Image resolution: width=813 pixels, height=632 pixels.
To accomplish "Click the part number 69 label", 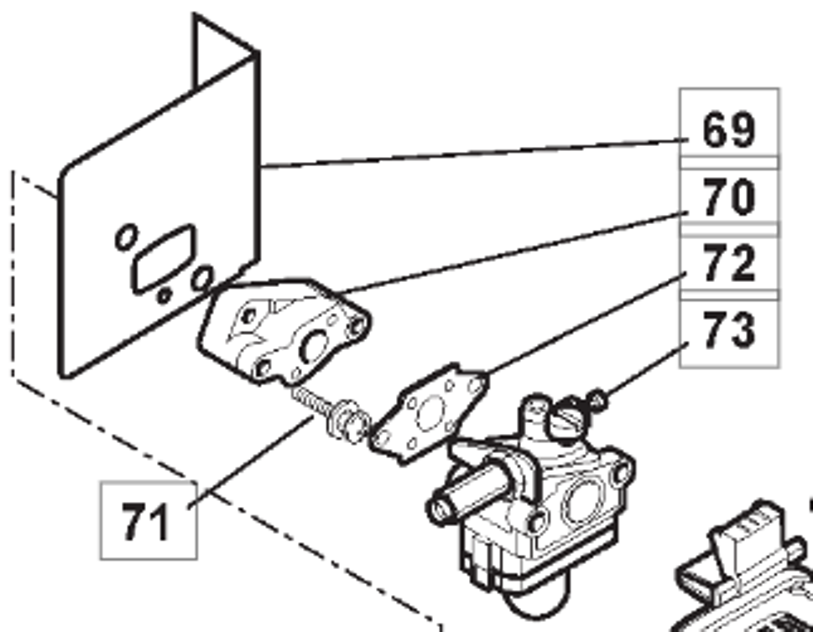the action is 728,130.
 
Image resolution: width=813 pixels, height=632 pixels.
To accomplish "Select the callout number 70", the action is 728,196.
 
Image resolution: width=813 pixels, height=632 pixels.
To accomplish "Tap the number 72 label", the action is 728,264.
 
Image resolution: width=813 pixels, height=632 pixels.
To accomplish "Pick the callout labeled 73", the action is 728,330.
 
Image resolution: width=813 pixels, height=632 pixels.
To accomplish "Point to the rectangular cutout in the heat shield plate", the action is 164,258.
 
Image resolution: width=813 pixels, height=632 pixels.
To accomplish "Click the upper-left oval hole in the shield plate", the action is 126,237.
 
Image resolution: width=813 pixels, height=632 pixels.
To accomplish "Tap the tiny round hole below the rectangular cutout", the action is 164,295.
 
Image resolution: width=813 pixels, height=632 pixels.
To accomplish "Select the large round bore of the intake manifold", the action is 314,346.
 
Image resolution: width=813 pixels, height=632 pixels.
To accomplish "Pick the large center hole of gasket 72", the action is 430,413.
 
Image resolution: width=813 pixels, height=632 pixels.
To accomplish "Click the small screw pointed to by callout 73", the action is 598,400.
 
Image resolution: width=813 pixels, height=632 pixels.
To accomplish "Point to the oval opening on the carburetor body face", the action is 581,501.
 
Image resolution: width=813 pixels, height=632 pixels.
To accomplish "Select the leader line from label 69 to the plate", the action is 474,153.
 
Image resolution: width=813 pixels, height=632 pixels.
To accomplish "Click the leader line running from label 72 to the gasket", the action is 586,323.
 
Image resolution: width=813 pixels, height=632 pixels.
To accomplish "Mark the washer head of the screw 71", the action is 348,421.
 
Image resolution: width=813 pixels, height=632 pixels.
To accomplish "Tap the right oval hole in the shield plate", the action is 201,279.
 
